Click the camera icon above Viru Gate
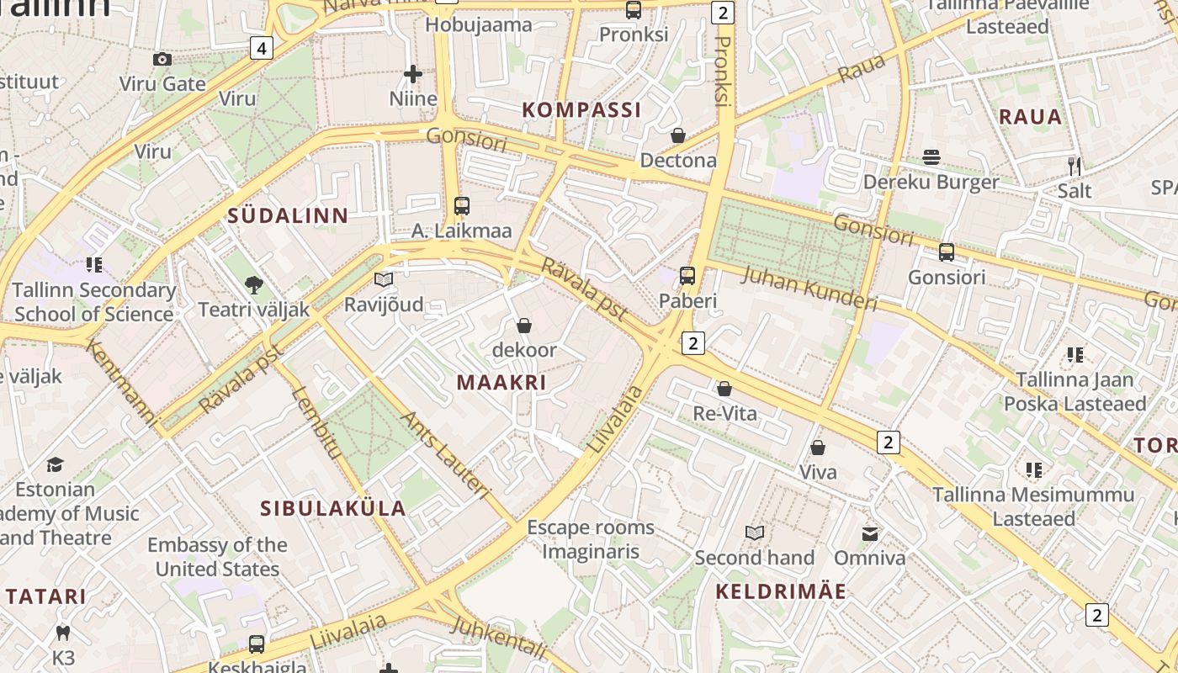tap(162, 59)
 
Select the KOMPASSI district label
tap(581, 109)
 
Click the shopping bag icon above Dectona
tap(678, 135)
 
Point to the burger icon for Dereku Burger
tap(931, 157)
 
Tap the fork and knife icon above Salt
tap(1074, 166)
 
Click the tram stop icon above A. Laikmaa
tap(461, 205)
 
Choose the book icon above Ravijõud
tap(384, 279)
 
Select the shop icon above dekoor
tap(524, 325)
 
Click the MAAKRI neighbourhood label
tap(501, 382)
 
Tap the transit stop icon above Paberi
tap(687, 275)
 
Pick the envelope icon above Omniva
tap(869, 533)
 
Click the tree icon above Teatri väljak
tap(253, 285)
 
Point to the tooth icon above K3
tap(63, 632)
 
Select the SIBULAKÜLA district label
tap(333, 508)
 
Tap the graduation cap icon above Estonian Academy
tap(55, 464)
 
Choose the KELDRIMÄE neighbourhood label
tap(781, 591)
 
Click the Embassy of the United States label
tap(217, 557)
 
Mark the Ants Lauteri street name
tap(445, 455)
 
